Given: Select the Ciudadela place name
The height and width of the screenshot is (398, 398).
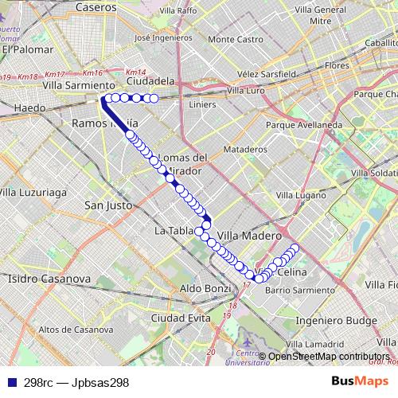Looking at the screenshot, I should coord(150,81).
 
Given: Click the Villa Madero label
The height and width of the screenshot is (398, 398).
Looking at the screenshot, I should coord(249,236).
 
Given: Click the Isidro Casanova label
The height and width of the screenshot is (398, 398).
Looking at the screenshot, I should coord(40,279).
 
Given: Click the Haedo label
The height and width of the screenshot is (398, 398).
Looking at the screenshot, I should coord(30,107).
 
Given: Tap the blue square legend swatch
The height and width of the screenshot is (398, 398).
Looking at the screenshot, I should coord(10,382).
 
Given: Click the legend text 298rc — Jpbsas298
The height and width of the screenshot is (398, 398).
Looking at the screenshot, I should coord(76,382).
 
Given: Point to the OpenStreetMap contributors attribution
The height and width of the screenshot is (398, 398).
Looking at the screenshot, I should coord(327,357).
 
